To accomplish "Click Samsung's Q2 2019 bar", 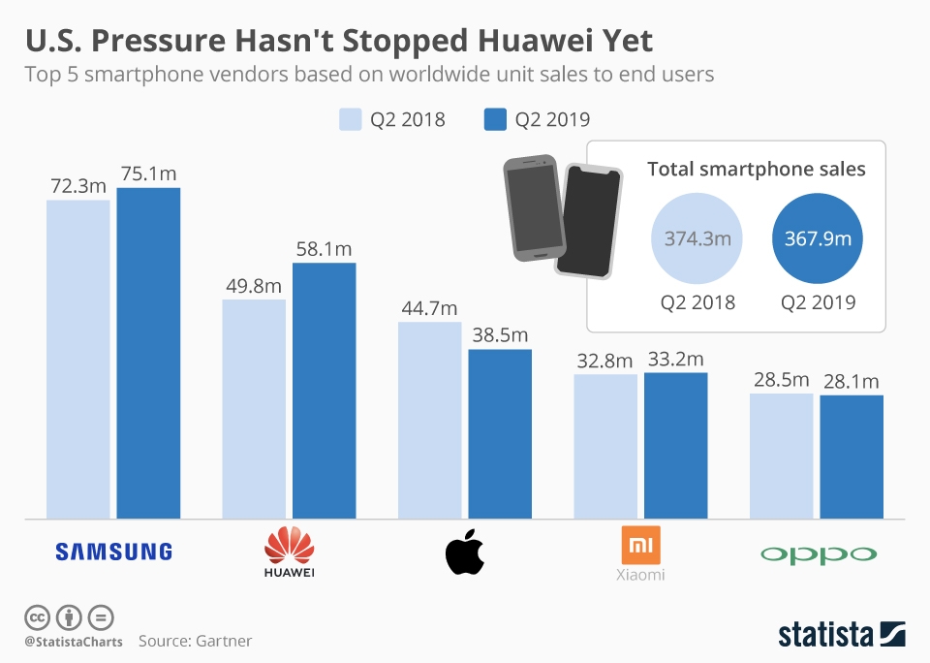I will (x=148, y=353).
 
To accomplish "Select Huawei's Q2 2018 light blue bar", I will (x=254, y=408).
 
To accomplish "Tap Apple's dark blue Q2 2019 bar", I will (x=500, y=433).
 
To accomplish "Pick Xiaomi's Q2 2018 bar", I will (x=605, y=446).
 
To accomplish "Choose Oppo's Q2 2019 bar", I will (x=852, y=456).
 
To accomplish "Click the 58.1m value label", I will (x=324, y=249).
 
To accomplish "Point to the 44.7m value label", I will (x=429, y=308).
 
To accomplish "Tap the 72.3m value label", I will (x=77, y=185).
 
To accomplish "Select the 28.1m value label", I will (x=852, y=380).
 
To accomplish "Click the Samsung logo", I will (x=113, y=552).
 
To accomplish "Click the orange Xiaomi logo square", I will (x=640, y=545).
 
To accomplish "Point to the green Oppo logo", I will (x=819, y=554).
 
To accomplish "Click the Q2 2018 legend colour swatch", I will (x=350, y=119).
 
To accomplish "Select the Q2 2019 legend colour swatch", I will (x=494, y=119).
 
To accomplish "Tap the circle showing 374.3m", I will (x=697, y=238).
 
